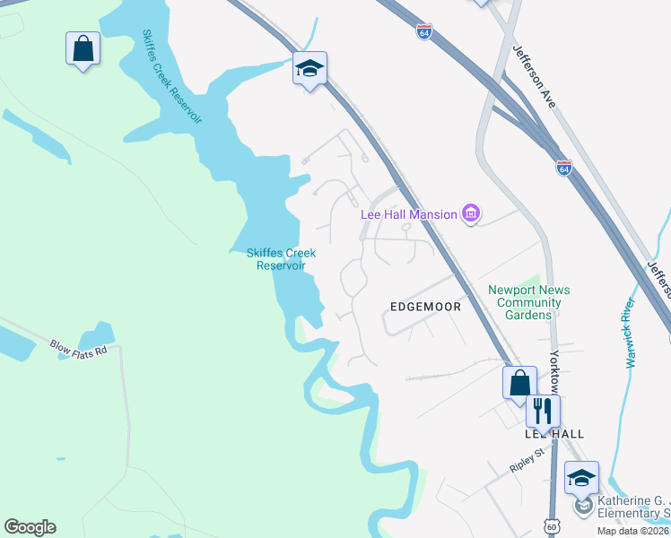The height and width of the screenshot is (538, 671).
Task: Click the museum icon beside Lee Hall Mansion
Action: click(x=471, y=213)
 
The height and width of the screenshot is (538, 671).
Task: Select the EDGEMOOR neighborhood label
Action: click(x=425, y=307)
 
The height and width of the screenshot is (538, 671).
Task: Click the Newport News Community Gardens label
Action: click(x=528, y=302)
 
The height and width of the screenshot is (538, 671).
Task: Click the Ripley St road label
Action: click(x=527, y=459)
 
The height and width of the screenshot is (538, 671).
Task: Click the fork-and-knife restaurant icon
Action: click(x=543, y=411)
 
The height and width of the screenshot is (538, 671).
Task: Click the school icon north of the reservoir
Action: click(x=309, y=68)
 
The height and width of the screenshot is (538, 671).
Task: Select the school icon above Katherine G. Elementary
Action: click(x=581, y=477)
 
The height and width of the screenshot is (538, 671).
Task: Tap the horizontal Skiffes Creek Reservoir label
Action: click(x=281, y=259)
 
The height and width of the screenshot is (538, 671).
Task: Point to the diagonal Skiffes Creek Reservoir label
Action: click(x=171, y=76)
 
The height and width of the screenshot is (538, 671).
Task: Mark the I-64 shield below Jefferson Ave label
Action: click(x=563, y=168)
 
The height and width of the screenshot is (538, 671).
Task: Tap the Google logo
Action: click(x=30, y=527)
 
